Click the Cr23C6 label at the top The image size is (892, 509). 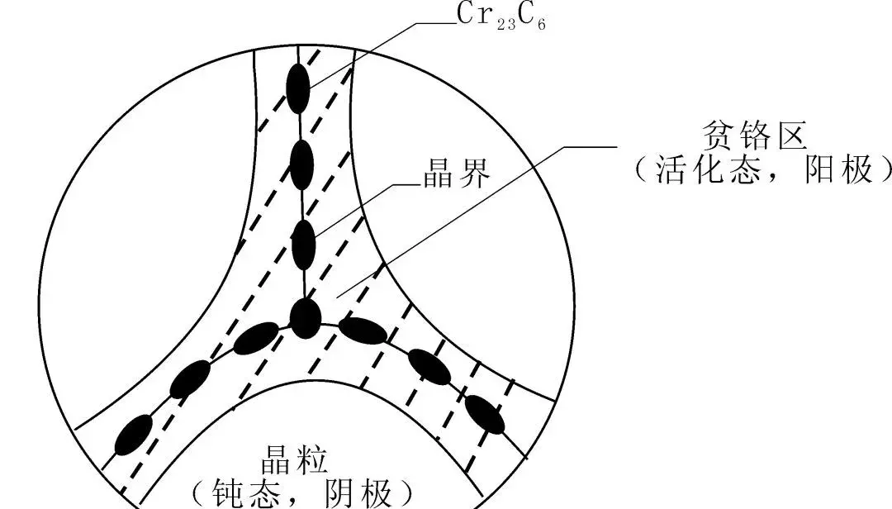[x=501, y=16]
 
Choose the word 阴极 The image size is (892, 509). [x=361, y=493]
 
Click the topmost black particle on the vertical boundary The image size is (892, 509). [x=298, y=88]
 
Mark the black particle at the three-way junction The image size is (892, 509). [x=305, y=318]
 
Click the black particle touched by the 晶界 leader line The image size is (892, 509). [x=304, y=245]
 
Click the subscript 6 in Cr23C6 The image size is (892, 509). [x=540, y=21]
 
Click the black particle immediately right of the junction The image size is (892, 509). [x=363, y=331]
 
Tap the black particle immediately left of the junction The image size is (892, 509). [x=255, y=337]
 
